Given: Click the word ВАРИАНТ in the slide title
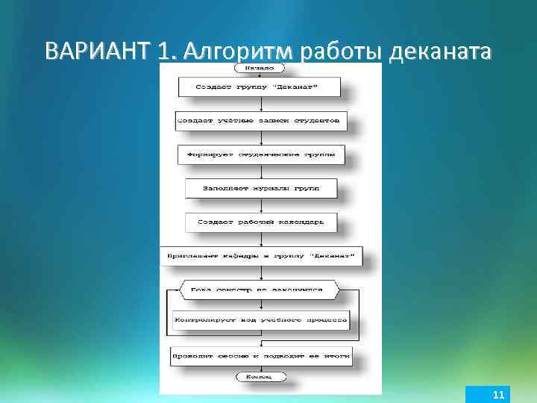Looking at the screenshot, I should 98,51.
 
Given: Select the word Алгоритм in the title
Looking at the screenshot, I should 238,51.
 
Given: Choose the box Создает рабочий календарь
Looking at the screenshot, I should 260,222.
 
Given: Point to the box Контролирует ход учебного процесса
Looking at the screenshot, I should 260,320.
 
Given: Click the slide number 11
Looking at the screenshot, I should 499,394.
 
